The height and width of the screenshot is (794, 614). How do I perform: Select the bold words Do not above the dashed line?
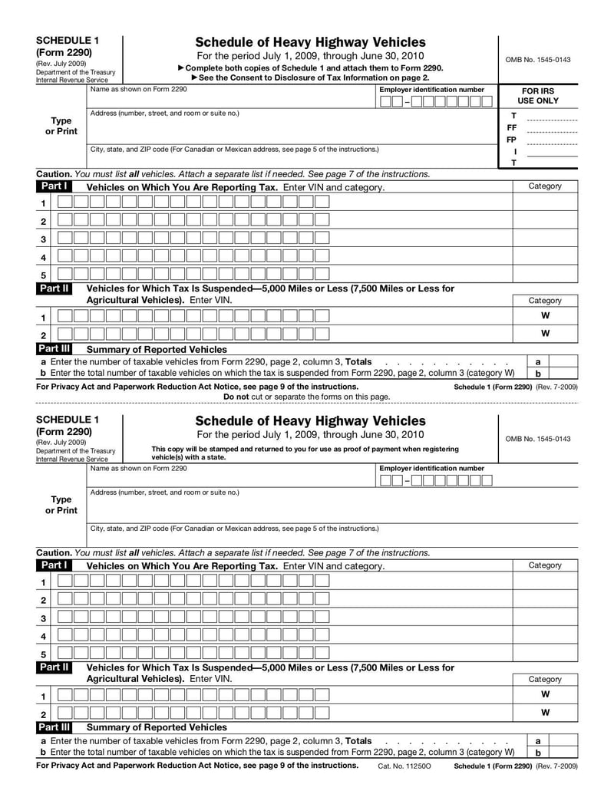[x=236, y=397]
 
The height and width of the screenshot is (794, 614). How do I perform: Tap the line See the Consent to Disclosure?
[x=310, y=77]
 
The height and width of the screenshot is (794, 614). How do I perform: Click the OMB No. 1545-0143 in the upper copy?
[x=538, y=60]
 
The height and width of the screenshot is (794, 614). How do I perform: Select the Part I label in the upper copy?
[x=54, y=186]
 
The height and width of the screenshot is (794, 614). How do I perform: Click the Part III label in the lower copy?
[x=54, y=726]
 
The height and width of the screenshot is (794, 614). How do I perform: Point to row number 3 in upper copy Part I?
[x=43, y=239]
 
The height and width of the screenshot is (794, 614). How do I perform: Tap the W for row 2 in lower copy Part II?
[x=545, y=713]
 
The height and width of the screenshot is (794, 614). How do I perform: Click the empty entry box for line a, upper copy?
[x=565, y=361]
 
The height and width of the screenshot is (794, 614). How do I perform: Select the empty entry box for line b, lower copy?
[x=565, y=753]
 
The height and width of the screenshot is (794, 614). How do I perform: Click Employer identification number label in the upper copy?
[x=431, y=90]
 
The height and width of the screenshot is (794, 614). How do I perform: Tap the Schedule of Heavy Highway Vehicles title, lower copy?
[x=310, y=421]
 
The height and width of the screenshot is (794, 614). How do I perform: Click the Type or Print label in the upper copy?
[x=61, y=126]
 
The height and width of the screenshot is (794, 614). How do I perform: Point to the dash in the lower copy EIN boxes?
[x=408, y=481]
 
